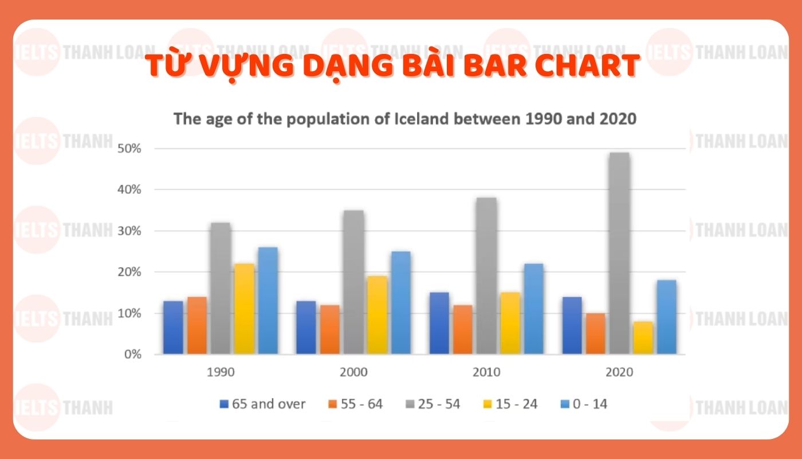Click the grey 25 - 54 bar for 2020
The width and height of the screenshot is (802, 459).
[619, 253]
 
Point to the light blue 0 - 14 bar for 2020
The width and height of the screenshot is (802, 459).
[666, 317]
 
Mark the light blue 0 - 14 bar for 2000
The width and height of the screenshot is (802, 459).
[400, 302]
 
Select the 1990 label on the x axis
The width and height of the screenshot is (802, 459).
[221, 372]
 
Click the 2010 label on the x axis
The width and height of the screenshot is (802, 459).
[486, 372]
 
